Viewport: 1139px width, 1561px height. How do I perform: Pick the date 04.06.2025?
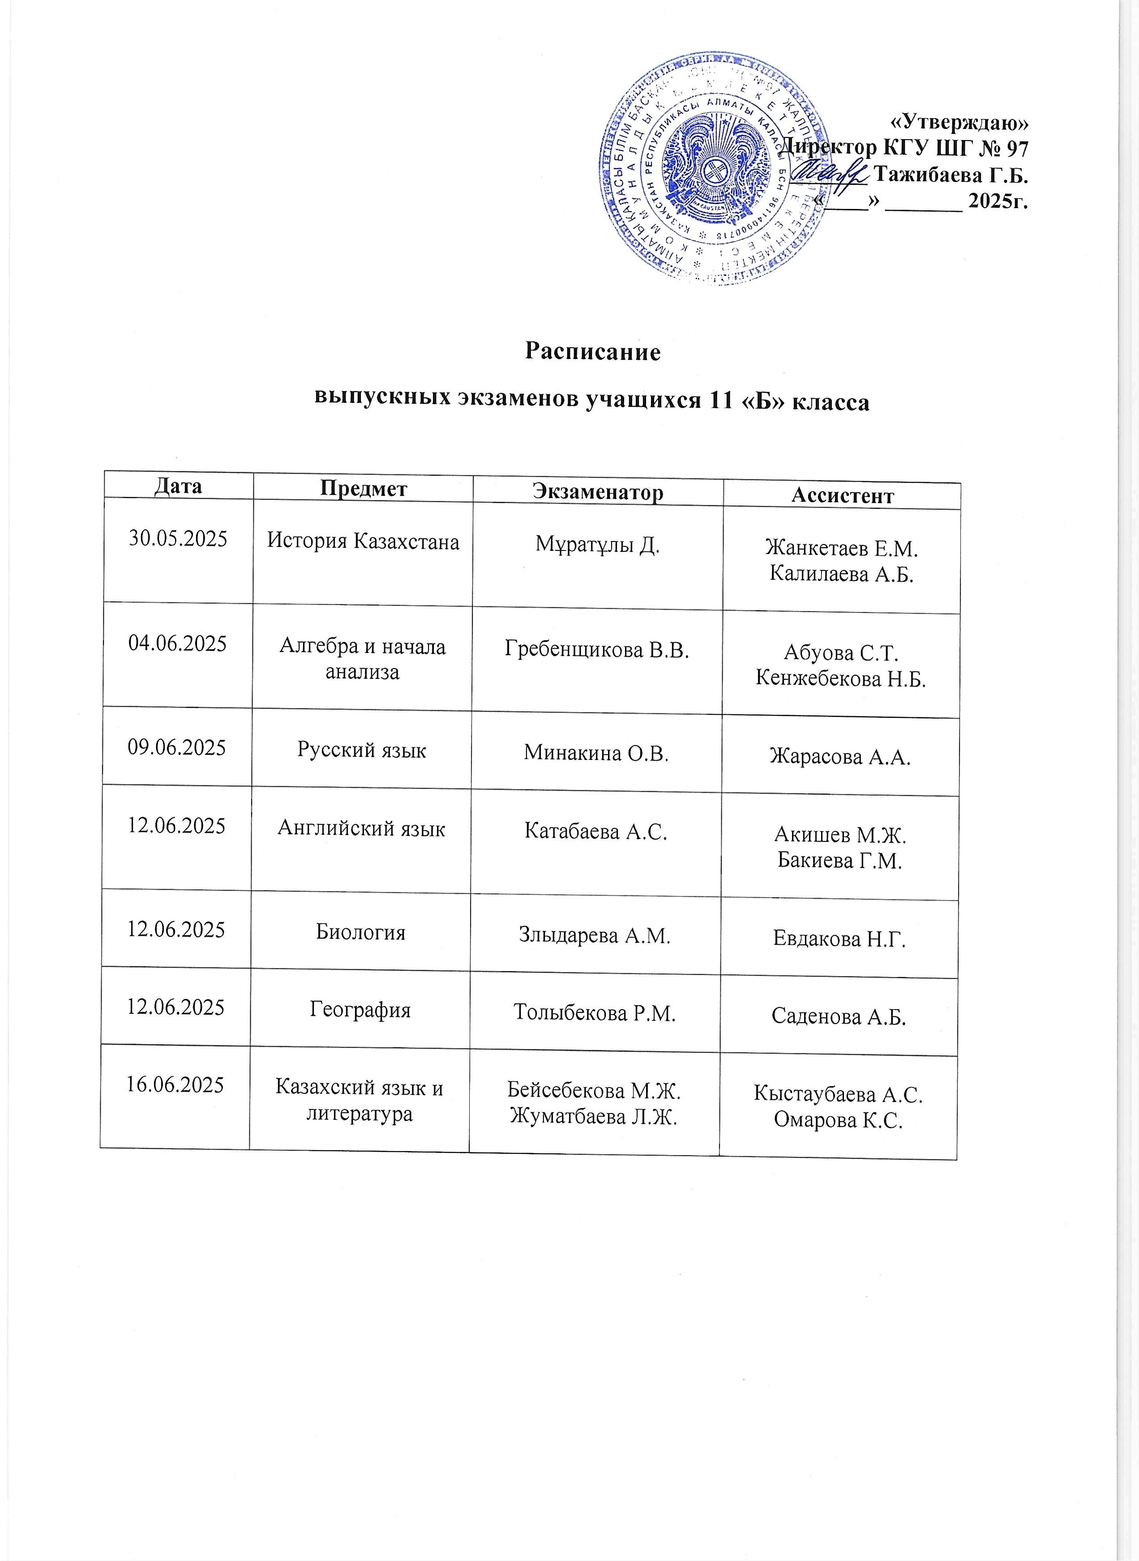point(177,644)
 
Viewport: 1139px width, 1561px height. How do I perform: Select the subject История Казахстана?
point(363,542)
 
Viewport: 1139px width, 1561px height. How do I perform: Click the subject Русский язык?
point(361,750)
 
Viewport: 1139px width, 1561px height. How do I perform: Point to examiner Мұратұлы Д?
point(598,545)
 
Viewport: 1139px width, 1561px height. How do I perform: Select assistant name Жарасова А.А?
point(840,757)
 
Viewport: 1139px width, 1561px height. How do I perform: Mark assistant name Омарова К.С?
point(838,1121)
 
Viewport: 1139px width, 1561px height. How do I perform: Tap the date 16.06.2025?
point(175,1085)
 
